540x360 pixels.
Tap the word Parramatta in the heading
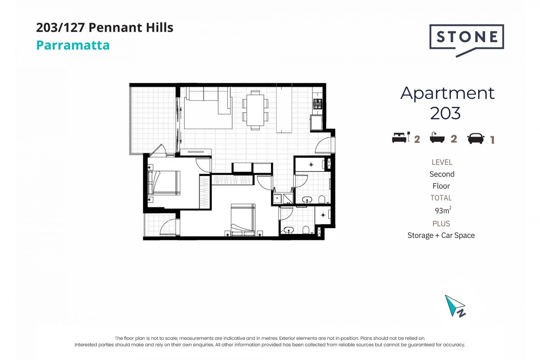73,45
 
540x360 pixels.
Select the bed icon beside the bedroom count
401,137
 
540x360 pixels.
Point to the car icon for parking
476,138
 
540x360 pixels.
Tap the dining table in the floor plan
255,110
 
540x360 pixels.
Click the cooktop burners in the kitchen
318,104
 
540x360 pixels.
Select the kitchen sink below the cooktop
316,123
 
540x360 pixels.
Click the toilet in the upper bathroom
322,200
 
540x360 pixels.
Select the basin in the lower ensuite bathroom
289,230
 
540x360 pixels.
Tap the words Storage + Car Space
441,235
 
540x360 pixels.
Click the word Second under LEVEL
442,174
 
